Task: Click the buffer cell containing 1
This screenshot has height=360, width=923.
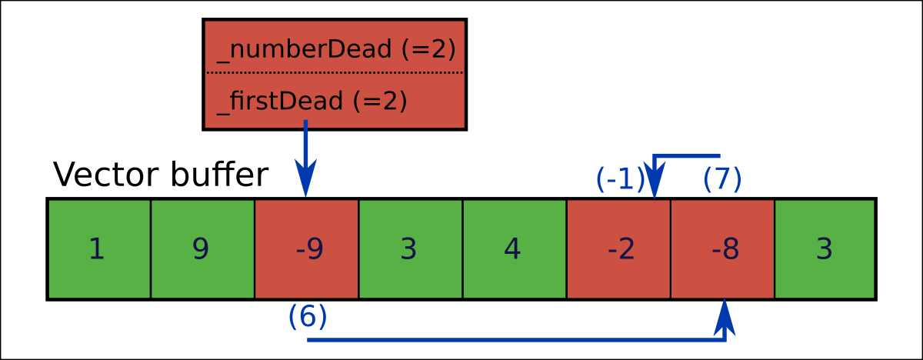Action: click(x=98, y=249)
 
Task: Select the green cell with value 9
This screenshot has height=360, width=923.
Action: click(x=202, y=249)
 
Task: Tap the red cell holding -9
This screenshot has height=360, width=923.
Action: click(x=306, y=249)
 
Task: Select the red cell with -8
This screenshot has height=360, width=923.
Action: click(x=722, y=249)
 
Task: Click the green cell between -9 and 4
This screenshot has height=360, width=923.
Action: click(x=410, y=249)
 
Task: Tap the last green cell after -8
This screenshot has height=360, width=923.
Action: click(x=825, y=249)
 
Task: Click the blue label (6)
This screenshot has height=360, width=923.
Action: click(x=308, y=317)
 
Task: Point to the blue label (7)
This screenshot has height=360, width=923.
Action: click(x=722, y=179)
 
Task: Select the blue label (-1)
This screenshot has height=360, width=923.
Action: click(x=620, y=179)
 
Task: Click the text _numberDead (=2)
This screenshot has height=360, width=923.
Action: click(x=336, y=49)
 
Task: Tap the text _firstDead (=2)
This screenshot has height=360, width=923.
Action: click(x=312, y=101)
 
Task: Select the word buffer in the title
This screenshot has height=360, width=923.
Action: click(x=218, y=175)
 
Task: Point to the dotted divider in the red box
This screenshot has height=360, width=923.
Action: click(x=335, y=73)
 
